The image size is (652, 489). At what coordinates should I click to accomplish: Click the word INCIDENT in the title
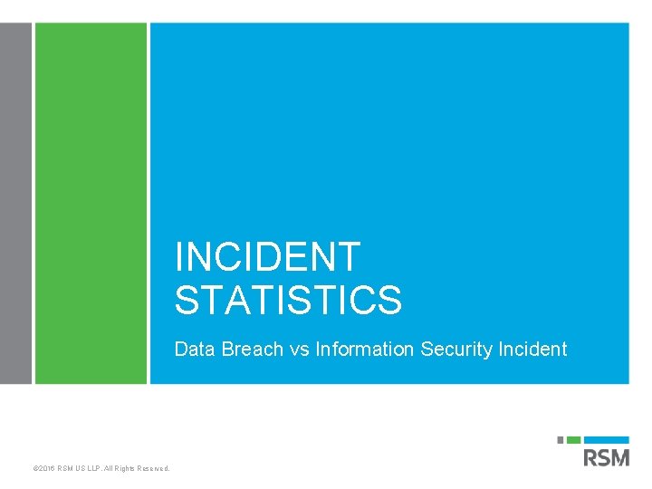coord(267,257)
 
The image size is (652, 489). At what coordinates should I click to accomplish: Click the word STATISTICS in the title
coord(288,301)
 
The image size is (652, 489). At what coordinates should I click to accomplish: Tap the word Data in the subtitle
coord(193,350)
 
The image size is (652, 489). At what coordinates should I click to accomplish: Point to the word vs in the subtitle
coord(300,350)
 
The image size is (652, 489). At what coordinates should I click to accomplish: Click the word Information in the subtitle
coord(365,350)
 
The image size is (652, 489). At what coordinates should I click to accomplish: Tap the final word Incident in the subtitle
coord(532,350)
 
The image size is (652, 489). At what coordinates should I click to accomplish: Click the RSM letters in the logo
coord(607,457)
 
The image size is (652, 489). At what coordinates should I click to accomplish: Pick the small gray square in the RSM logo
coord(561,440)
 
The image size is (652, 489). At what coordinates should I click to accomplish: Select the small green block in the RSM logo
coord(574,440)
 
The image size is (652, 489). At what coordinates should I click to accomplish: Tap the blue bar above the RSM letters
coord(607,440)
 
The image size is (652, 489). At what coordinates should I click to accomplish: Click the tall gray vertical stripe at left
coord(15,204)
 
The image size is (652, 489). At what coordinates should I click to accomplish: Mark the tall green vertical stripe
coord(91,204)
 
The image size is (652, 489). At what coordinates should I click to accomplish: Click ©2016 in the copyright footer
coord(44,468)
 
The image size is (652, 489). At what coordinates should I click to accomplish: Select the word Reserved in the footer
coord(153,468)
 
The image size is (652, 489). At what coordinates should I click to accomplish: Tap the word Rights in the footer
coord(124,468)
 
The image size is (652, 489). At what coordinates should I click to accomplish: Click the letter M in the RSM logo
coord(619,457)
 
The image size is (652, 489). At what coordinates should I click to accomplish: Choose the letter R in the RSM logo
coord(591,457)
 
